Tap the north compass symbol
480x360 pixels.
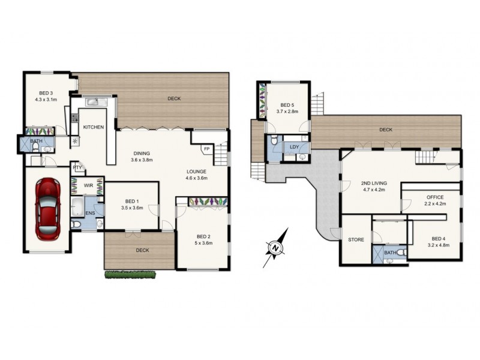[x=274, y=247]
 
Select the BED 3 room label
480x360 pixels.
[x=46, y=92]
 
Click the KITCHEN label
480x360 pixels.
[x=94, y=127]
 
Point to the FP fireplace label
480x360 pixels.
[x=206, y=148]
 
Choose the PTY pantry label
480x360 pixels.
[x=77, y=169]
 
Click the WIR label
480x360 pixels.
[x=88, y=185]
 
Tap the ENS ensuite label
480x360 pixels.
[x=90, y=212]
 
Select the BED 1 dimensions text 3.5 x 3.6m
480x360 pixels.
[x=131, y=208]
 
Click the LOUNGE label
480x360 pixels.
[x=196, y=172]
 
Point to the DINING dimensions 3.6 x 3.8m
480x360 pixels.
[x=142, y=160]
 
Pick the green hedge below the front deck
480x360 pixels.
[x=131, y=275]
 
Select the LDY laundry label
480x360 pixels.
[x=294, y=146]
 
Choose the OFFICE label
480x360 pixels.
[x=435, y=197]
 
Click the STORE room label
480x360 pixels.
[x=356, y=240]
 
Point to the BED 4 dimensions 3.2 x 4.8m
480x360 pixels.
[x=439, y=245]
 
